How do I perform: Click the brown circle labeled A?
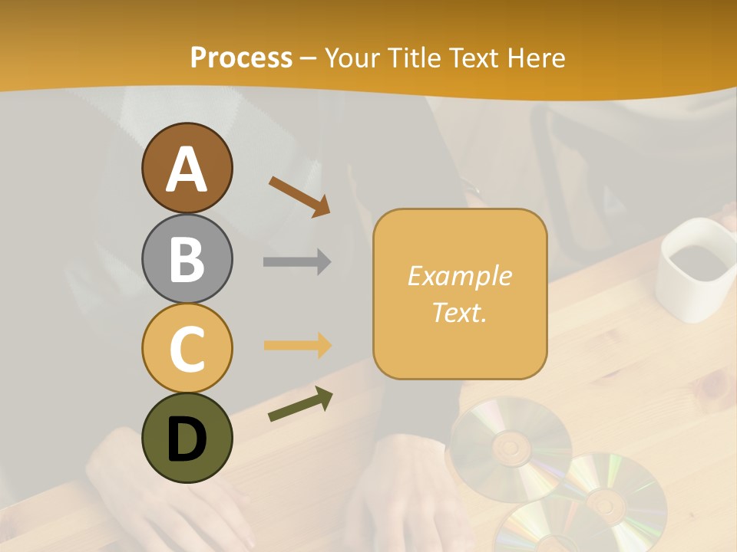187,168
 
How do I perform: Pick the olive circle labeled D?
187,438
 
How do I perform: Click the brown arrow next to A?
299,195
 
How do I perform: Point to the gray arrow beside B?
297,261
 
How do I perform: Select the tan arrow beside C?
297,345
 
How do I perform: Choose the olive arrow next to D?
300,404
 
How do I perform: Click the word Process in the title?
241,58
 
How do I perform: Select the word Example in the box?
459,276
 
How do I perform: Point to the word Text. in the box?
459,312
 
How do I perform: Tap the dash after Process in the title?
309,58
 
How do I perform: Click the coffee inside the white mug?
696,261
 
